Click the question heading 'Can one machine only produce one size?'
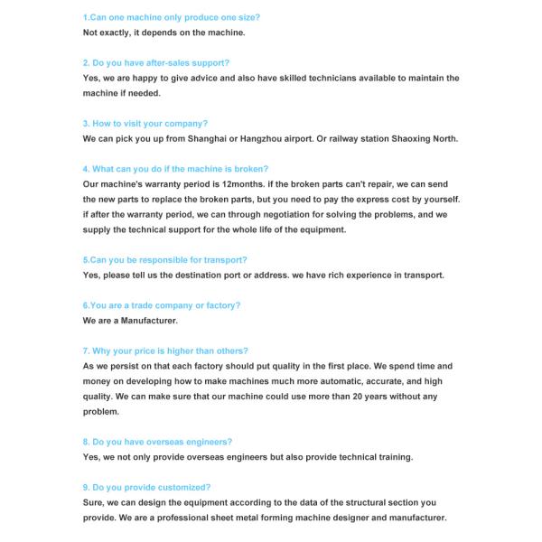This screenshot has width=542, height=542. [x=171, y=17]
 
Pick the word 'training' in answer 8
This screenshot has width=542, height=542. [x=394, y=457]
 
